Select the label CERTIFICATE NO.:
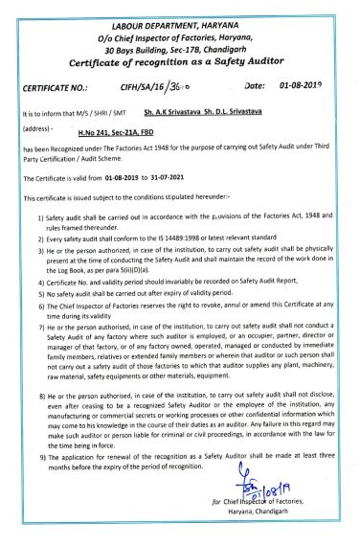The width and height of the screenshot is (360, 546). click(59, 87)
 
